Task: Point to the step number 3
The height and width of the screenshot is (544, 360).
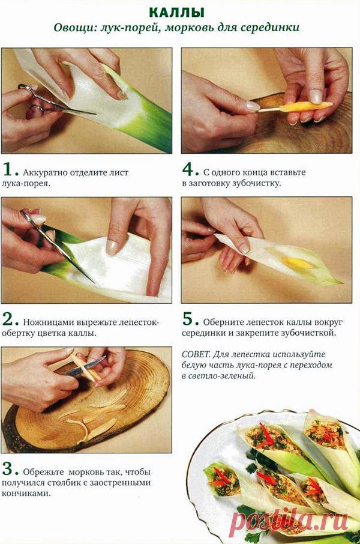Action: click(x=8, y=468)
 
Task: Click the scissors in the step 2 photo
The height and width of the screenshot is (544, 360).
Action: click(x=57, y=243)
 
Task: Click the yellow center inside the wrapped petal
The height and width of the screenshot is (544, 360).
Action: click(x=298, y=262)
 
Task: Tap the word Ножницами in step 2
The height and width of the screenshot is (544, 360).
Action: click(x=47, y=322)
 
